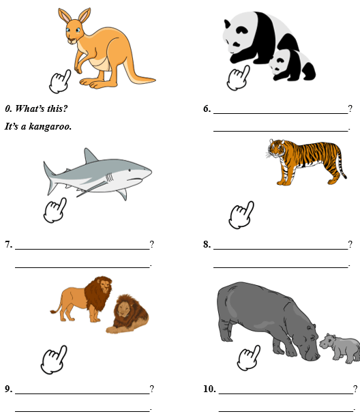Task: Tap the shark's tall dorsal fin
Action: (x=90, y=156)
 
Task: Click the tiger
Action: (x=306, y=162)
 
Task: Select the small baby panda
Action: (x=292, y=65)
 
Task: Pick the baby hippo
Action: (x=340, y=348)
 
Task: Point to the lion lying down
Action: (x=128, y=314)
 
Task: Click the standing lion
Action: (x=82, y=299)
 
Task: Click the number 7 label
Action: (x=8, y=244)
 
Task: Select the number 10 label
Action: (x=209, y=389)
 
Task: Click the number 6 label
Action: (x=207, y=108)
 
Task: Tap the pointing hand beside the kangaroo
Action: (x=60, y=82)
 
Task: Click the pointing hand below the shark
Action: (x=55, y=211)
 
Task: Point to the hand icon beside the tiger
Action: (x=241, y=216)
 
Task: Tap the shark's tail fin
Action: (x=50, y=177)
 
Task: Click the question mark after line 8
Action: (x=350, y=244)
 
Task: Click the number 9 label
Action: (x=8, y=389)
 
